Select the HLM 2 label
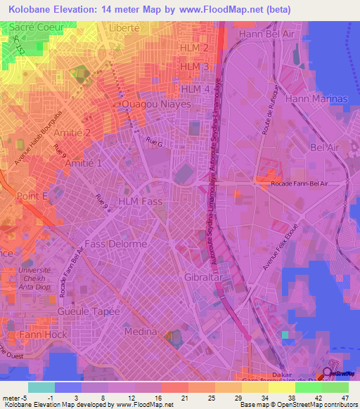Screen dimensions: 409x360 point(195,48)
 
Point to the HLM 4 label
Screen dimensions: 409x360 point(195,89)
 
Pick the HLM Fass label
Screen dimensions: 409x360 point(141,202)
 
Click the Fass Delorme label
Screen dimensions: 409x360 point(123,244)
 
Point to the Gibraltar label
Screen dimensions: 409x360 point(204,278)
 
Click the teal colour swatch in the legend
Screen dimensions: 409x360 point(41,387)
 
